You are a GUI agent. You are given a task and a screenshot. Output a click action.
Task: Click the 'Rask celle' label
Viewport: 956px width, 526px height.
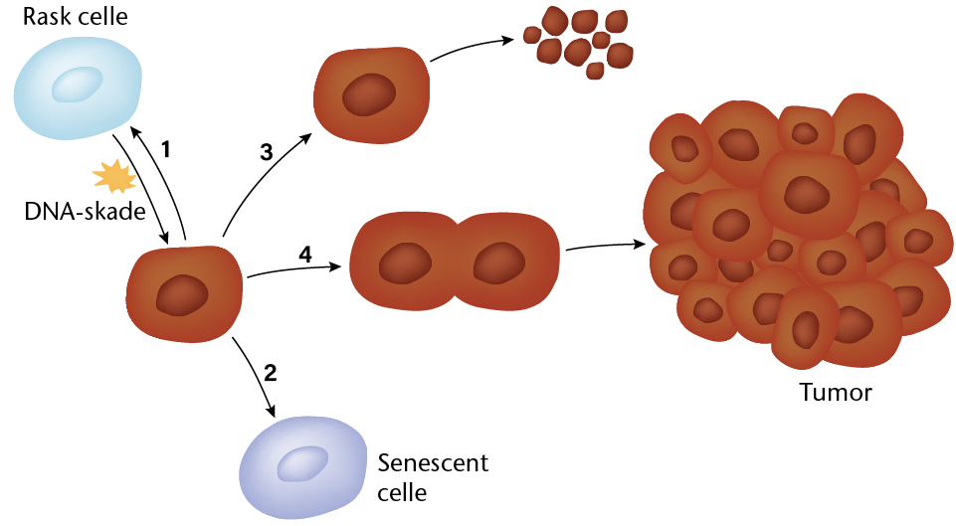75,17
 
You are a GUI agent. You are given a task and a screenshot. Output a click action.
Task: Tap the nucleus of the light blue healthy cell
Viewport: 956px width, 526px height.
77,85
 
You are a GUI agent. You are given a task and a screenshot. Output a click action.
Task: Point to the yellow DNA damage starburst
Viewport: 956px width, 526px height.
114,176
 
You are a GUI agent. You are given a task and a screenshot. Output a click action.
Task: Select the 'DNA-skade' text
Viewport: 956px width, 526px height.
85,212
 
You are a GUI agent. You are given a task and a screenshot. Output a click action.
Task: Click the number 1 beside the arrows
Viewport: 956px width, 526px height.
165,149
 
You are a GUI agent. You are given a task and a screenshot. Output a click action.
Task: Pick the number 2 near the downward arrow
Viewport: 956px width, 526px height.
271,373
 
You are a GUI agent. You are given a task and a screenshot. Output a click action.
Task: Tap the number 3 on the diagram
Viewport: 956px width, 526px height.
266,152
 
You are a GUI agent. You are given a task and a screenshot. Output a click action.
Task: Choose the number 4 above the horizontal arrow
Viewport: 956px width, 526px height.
305,255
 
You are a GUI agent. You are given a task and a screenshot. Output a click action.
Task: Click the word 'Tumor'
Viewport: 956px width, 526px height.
836,393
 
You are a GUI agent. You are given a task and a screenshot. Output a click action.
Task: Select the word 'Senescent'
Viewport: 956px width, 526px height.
433,463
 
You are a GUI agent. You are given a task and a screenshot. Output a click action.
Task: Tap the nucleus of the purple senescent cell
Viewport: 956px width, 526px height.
302,463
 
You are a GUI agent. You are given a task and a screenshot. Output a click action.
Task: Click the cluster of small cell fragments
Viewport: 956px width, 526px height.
579,42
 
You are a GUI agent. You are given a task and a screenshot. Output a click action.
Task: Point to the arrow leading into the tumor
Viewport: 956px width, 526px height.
606,246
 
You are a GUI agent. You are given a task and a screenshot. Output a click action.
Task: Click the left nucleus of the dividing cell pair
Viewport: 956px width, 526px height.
405,263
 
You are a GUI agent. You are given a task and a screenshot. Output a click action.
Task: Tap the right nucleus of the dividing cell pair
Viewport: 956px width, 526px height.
499,263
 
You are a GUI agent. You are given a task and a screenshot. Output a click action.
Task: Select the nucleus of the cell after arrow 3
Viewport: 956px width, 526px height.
369,95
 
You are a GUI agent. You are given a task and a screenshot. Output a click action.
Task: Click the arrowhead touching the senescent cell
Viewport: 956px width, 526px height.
271,411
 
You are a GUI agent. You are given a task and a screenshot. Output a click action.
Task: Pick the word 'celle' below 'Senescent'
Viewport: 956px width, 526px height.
402,492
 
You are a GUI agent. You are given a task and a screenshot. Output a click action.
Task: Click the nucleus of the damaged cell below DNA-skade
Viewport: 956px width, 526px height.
182,295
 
